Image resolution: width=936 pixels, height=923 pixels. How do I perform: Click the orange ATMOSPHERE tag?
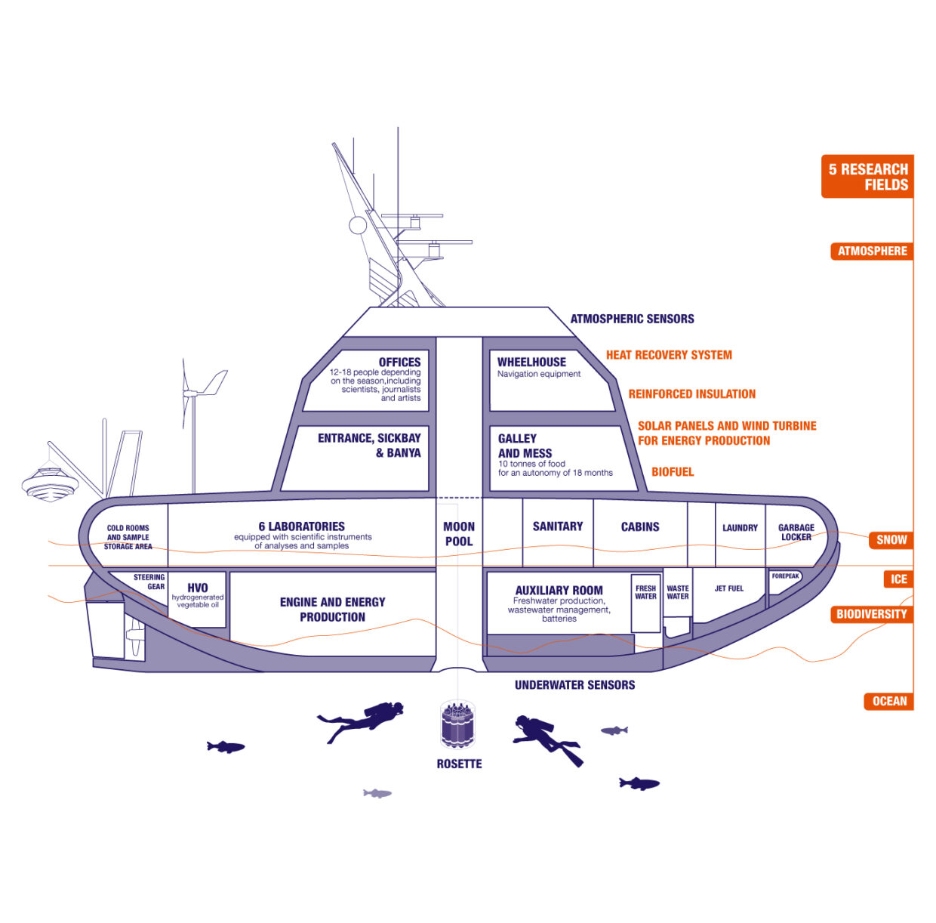[872, 251]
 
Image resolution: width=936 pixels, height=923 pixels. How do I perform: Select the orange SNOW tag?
[891, 539]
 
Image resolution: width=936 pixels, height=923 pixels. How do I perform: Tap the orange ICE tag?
[898, 579]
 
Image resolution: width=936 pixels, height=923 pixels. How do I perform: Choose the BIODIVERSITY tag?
[871, 614]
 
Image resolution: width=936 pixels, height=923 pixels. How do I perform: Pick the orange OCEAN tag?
[888, 701]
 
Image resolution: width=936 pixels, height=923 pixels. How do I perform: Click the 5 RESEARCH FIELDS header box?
[867, 177]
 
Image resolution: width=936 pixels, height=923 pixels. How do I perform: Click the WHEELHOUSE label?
[531, 363]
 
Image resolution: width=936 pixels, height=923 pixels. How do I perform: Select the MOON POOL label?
[459, 534]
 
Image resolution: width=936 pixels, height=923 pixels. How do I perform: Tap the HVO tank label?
[198, 588]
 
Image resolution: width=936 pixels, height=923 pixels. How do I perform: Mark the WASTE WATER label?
[678, 592]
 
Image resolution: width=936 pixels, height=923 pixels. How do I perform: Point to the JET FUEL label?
[729, 588]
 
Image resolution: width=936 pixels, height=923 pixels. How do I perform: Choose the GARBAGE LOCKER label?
[796, 532]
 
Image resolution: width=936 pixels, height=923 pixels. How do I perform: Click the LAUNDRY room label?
[740, 528]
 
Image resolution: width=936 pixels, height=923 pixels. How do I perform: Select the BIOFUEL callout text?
[673, 472]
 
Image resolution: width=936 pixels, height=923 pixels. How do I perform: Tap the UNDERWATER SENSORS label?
[574, 685]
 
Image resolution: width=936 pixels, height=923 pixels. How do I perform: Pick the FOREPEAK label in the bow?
[785, 576]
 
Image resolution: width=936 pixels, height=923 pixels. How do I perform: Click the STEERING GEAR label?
[149, 582]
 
